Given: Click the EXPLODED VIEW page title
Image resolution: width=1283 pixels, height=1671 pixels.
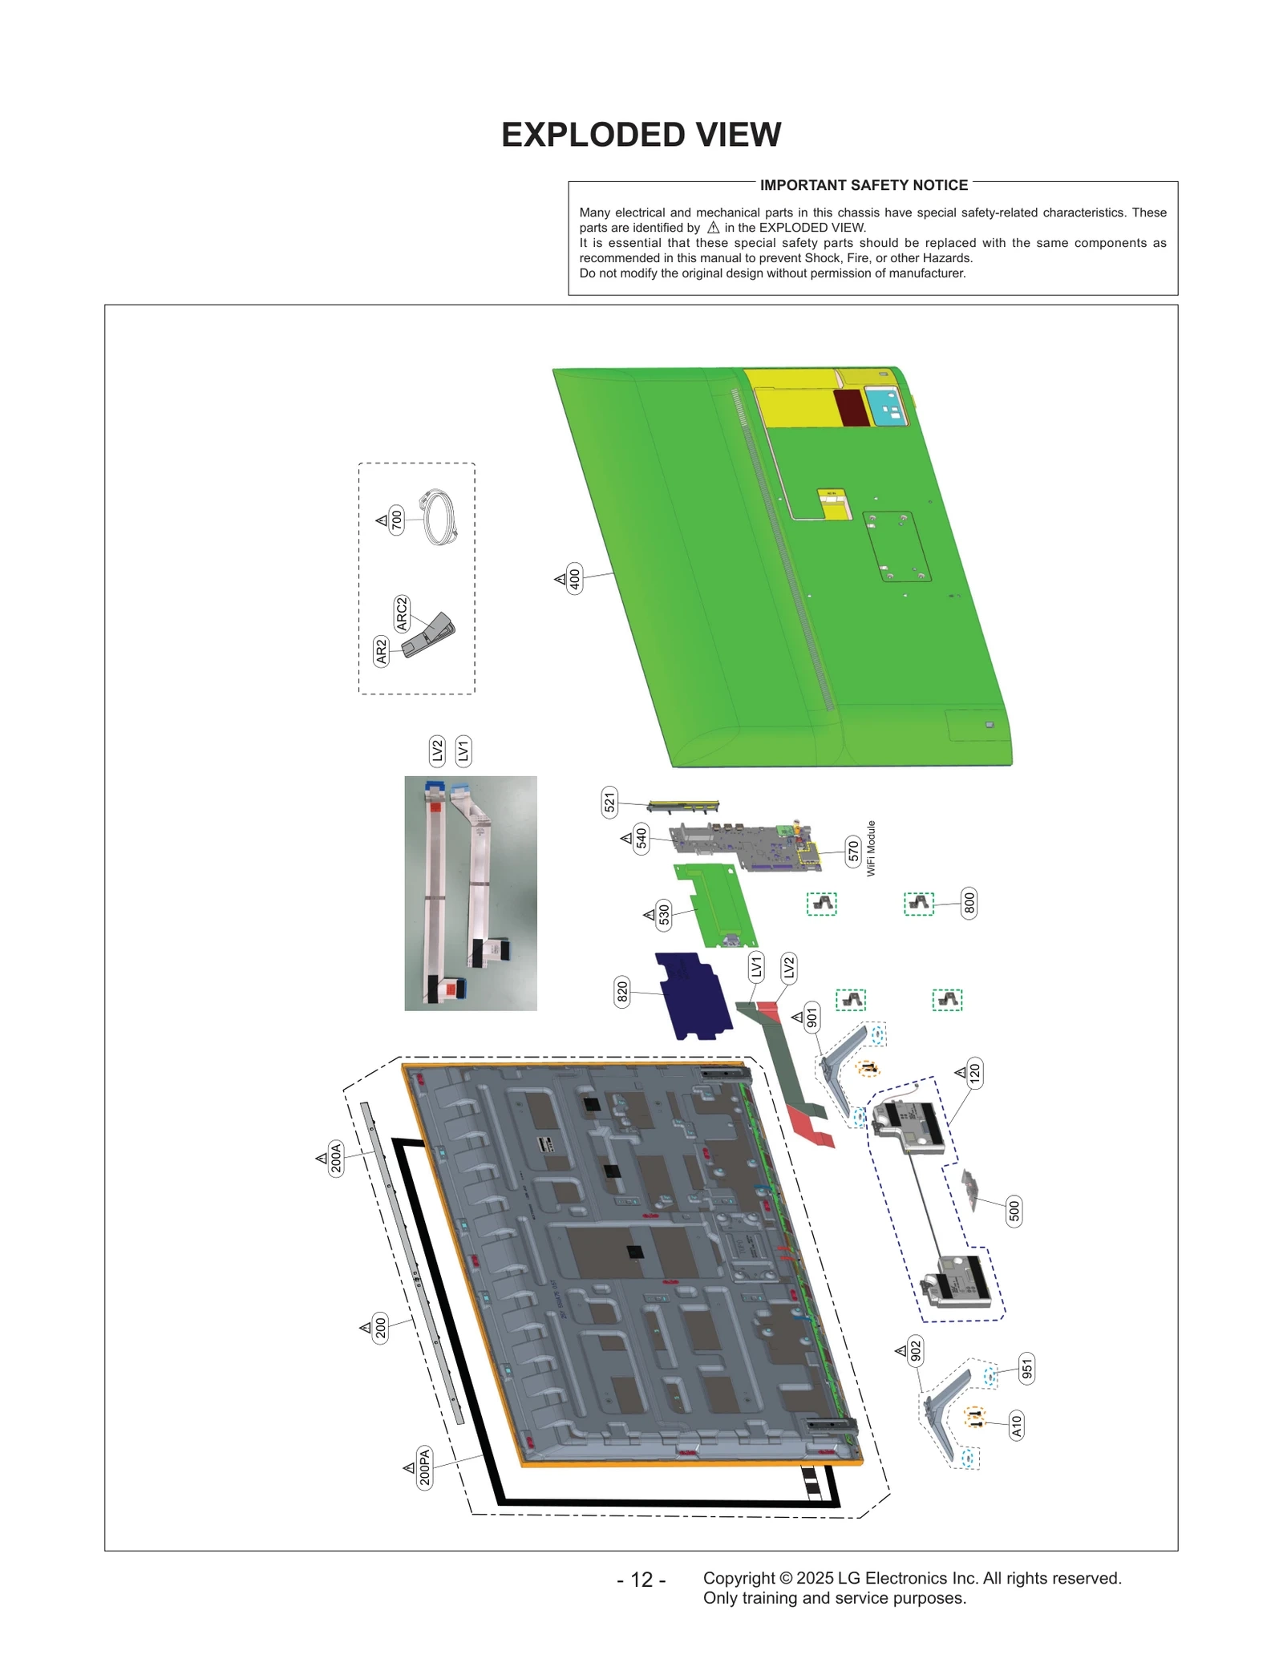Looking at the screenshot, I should (x=641, y=135).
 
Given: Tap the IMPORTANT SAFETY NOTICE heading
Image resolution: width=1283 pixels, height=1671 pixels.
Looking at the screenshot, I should (x=864, y=185).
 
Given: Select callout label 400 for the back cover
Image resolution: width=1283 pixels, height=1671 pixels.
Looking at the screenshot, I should (x=574, y=577).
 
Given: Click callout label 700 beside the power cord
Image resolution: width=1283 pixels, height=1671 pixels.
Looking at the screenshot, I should (x=396, y=520).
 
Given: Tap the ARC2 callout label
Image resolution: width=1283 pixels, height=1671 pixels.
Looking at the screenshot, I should (x=402, y=613).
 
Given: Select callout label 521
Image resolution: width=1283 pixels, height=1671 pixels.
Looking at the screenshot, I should (x=609, y=802).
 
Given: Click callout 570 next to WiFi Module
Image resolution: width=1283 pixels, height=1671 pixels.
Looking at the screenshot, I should (x=853, y=850).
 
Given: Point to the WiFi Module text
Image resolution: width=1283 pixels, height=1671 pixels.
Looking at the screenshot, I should (x=871, y=848).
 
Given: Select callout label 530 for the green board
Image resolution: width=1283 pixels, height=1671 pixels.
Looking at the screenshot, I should (x=664, y=914).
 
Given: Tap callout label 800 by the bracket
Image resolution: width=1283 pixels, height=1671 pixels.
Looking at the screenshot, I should (x=969, y=904).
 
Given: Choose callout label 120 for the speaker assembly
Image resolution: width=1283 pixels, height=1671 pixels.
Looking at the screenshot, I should (x=974, y=1072).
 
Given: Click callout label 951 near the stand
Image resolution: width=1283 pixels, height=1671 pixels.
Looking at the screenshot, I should (x=1026, y=1368).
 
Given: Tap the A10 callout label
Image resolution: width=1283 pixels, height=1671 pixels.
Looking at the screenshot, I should (x=1016, y=1425).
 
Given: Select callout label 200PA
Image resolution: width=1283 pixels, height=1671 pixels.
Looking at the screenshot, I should (x=424, y=1467).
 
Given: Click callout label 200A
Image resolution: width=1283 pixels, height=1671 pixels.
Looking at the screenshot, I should (x=336, y=1158).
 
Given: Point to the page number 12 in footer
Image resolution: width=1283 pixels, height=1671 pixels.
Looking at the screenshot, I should (x=641, y=1579).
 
